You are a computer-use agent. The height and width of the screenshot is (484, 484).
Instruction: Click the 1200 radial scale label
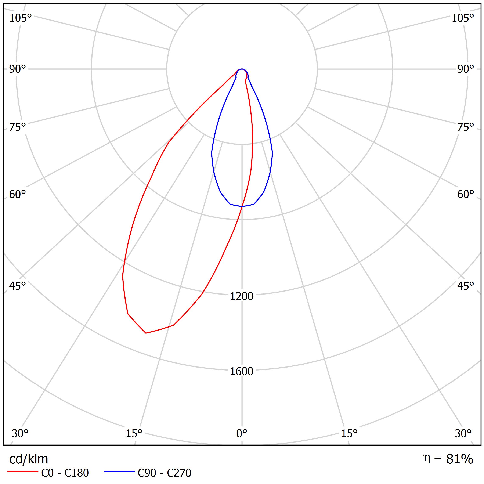[242, 296]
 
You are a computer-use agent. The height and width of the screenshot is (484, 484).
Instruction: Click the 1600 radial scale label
[242, 372]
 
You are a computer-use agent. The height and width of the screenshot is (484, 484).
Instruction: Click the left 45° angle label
[18, 286]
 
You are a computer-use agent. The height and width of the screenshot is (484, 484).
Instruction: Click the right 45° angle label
[465, 286]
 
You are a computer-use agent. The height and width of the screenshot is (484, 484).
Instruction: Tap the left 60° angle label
[18, 194]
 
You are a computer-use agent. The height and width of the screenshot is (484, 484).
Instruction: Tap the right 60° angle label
[465, 194]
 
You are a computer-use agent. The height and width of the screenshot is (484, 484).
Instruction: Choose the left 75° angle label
[18, 127]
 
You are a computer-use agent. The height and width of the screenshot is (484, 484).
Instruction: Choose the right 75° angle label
[465, 127]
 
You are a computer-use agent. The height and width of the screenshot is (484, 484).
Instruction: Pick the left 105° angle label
[21, 18]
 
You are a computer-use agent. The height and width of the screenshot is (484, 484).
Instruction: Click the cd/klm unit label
[29, 459]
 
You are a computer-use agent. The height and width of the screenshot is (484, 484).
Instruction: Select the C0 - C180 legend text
[65, 473]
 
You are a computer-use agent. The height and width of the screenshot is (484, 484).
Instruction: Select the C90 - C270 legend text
[164, 473]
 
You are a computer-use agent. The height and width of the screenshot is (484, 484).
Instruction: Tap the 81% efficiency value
[459, 459]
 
